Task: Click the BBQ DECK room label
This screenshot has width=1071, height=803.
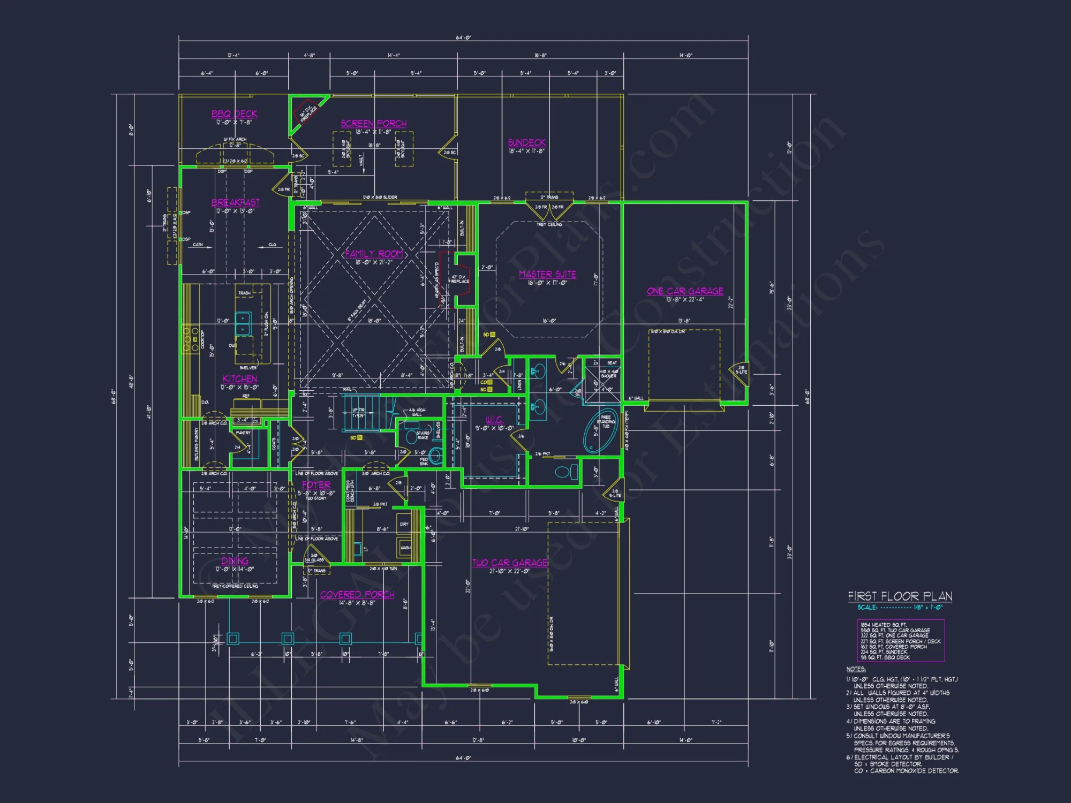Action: point(234,113)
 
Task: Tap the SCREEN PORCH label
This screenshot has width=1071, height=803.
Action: point(373,123)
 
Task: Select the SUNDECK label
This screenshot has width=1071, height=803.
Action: point(526,142)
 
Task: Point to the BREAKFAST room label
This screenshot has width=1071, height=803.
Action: point(235,202)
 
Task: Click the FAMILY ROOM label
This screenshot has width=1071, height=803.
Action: point(374,253)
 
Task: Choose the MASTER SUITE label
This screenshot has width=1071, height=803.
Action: point(547,274)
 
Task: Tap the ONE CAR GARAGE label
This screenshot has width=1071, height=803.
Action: point(685,291)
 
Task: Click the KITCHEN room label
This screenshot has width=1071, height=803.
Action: point(239,378)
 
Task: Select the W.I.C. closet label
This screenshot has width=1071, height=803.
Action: point(494,419)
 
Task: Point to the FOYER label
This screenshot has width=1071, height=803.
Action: point(316,484)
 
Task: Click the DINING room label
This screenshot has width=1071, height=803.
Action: point(235,560)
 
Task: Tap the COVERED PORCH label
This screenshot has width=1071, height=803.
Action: point(357,594)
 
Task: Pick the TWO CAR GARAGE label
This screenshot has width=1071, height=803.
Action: point(510,563)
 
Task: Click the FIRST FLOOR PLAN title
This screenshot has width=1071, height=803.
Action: point(900,596)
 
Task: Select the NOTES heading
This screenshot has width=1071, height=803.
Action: point(856,669)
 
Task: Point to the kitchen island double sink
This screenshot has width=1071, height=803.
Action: point(243,323)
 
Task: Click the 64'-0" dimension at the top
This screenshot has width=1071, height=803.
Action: point(463,37)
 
